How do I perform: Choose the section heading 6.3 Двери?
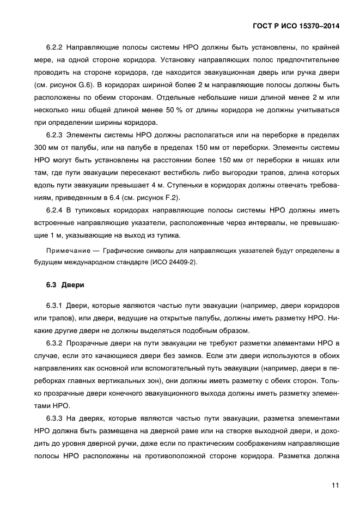pos(63,284)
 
